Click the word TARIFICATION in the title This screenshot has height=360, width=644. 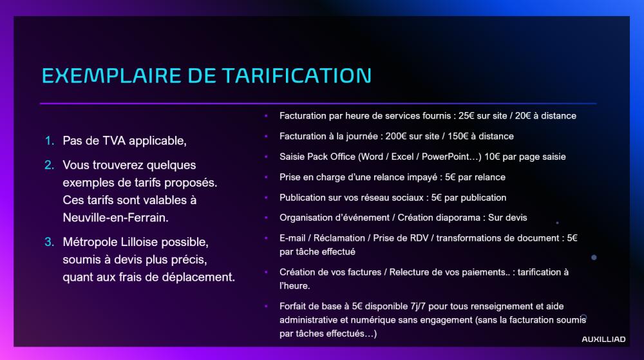pos(297,75)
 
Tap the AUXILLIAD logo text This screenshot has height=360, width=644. pos(603,339)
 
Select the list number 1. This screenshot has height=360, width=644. pos(50,141)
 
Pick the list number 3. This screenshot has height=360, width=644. pos(50,242)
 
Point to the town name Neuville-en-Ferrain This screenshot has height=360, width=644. pos(115,218)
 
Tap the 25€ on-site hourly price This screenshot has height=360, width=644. pos(466,116)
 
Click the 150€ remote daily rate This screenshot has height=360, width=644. pos(457,137)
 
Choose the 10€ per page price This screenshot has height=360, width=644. pos(492,156)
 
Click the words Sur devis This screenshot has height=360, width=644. pos(507,218)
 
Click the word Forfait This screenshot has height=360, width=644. pos(293,307)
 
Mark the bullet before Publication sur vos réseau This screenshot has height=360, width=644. pos(266,198)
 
